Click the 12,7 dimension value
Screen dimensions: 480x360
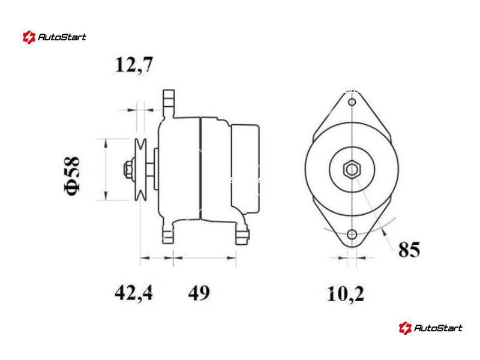[134, 65]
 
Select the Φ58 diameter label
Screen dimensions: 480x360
[72, 175]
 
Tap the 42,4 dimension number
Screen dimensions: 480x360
[134, 293]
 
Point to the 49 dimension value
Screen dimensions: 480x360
[199, 293]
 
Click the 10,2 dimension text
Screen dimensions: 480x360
[346, 294]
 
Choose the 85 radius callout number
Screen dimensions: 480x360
[409, 249]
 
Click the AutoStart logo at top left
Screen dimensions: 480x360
[55, 37]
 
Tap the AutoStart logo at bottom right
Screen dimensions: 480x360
[430, 328]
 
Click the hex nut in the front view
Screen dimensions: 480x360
[352, 169]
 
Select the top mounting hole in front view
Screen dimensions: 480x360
[352, 102]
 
